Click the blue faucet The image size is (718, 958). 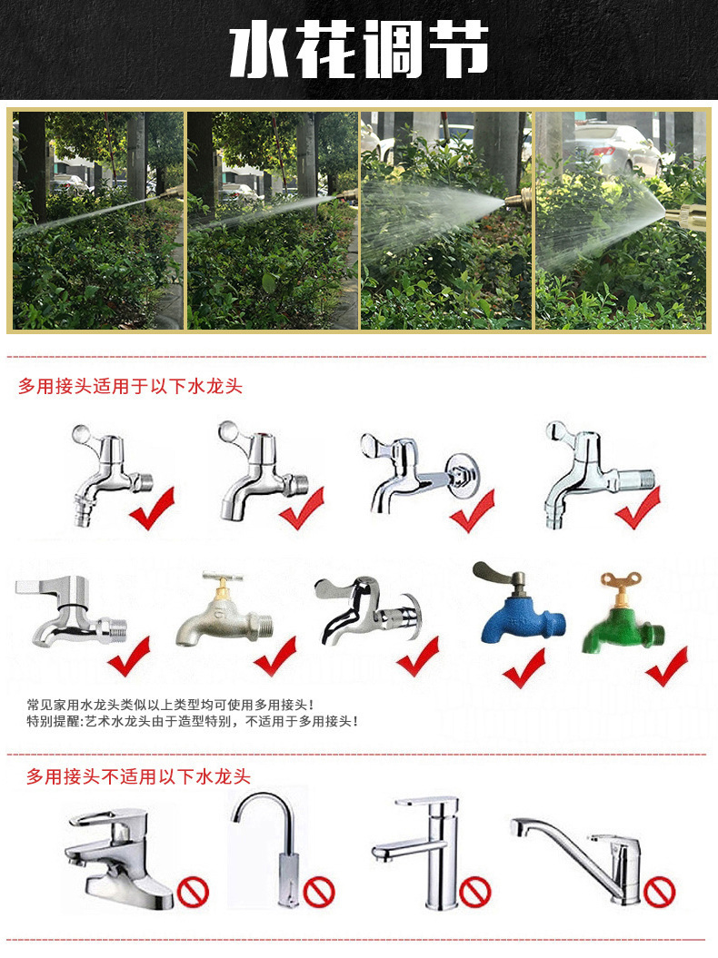point(520,611)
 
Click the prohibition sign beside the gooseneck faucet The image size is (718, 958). point(319,892)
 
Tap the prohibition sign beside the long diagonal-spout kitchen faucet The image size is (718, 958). point(659,892)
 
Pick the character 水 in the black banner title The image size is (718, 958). point(261,50)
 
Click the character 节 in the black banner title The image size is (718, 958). point(456,50)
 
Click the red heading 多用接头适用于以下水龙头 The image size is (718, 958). point(130,386)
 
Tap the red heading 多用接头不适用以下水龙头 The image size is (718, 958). point(138,776)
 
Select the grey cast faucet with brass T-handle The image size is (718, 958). point(224,611)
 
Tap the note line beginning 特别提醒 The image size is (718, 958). point(192,722)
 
